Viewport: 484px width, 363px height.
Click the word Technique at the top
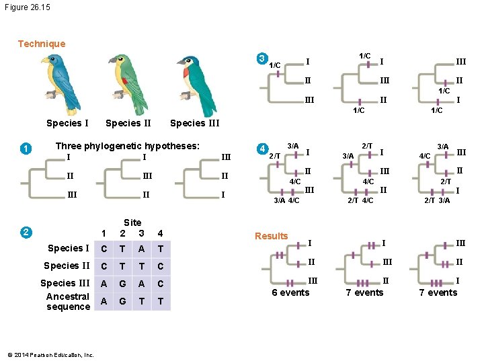tap(42, 44)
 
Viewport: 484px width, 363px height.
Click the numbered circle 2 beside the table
tap(25, 233)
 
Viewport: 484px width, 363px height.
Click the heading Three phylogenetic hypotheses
tap(127, 146)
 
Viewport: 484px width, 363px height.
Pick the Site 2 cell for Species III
tap(122, 283)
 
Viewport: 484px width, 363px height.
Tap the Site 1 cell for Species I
tap(103, 249)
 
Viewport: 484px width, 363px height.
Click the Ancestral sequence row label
tap(68, 301)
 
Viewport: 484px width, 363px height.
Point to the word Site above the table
tap(132, 223)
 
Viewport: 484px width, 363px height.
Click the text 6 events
tap(290, 292)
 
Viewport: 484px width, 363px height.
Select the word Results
tap(271, 236)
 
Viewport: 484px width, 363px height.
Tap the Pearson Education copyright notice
tap(48, 354)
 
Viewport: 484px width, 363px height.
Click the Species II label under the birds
tap(128, 123)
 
